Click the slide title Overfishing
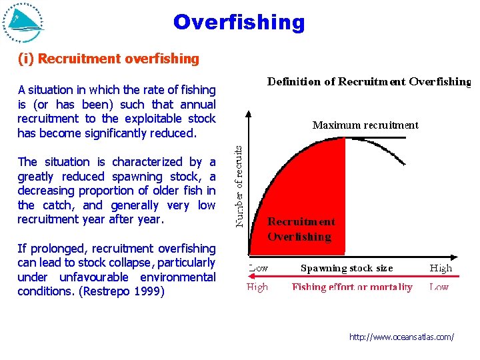239,22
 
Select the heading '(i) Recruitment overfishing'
108,59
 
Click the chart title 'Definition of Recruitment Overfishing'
369,82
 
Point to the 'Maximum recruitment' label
365,125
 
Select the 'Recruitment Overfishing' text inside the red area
301,229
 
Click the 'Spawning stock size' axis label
347,269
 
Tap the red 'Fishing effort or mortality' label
352,287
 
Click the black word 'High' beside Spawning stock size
440,269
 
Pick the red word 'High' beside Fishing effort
257,287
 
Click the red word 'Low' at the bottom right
439,287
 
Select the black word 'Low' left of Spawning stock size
258,269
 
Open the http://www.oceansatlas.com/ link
401,337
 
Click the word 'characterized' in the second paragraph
147,162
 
